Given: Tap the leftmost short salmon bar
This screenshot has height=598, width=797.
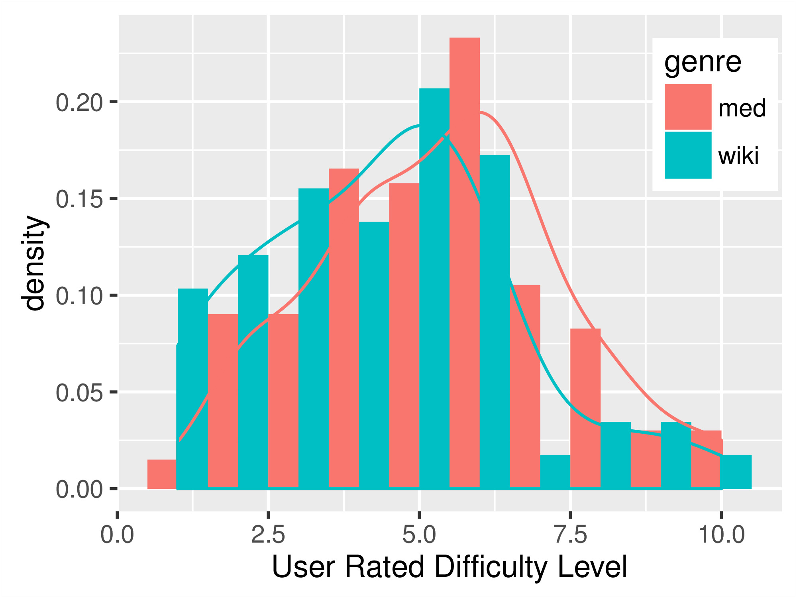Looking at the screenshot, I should pos(162,474).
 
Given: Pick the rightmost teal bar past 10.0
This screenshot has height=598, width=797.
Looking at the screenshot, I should pos(736,472).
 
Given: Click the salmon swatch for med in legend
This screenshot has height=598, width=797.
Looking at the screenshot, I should pos(688,107).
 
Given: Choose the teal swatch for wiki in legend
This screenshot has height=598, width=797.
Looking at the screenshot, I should pos(688,155).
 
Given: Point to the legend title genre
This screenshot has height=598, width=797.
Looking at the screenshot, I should pos(703,63).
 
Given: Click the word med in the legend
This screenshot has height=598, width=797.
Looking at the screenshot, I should pos(742,108).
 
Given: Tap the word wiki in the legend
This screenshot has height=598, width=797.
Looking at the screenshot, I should pos(738,156).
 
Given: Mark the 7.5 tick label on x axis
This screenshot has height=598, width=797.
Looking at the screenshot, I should pos(571,535).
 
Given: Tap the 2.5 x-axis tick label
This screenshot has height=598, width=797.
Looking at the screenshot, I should pos(268,535).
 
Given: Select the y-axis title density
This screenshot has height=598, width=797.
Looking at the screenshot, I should pos(35,263).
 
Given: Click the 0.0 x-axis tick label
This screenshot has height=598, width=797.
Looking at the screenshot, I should pos(117,535).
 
